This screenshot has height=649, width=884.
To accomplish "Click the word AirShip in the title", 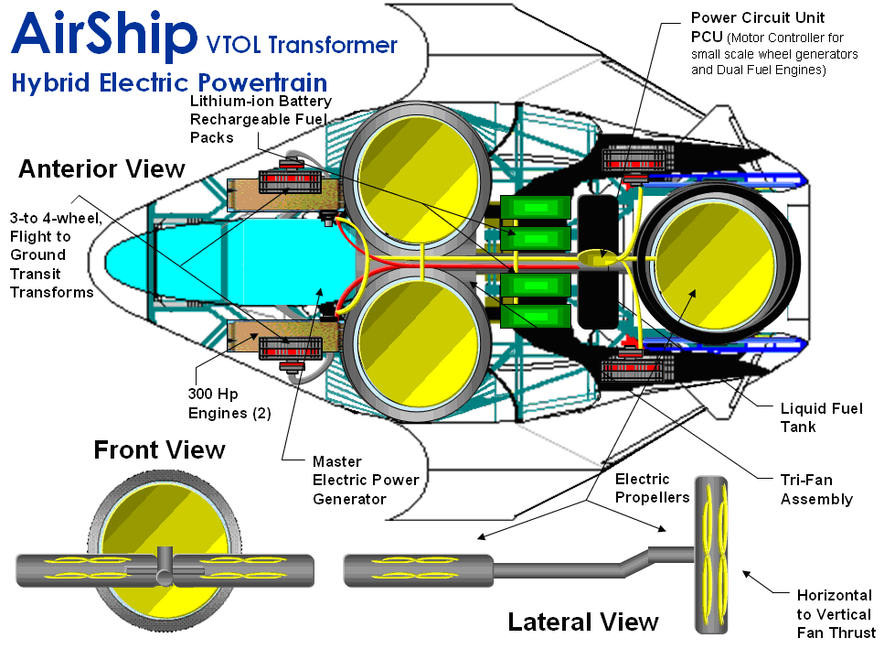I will pos(104,35).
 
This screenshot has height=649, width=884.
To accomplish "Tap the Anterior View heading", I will pos(101,169).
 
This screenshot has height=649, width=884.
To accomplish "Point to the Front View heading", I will pos(159,449).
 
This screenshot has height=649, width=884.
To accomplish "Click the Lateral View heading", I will pos(583,622).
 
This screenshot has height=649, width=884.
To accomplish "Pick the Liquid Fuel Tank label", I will pos(821,417).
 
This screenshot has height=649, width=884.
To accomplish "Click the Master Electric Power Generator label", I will pos(366,480).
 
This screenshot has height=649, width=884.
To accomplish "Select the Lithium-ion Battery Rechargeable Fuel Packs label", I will pos(261,119).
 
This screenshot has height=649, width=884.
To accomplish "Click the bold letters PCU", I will pos(708,38).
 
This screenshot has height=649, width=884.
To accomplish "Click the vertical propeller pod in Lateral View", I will pos(716,553).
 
